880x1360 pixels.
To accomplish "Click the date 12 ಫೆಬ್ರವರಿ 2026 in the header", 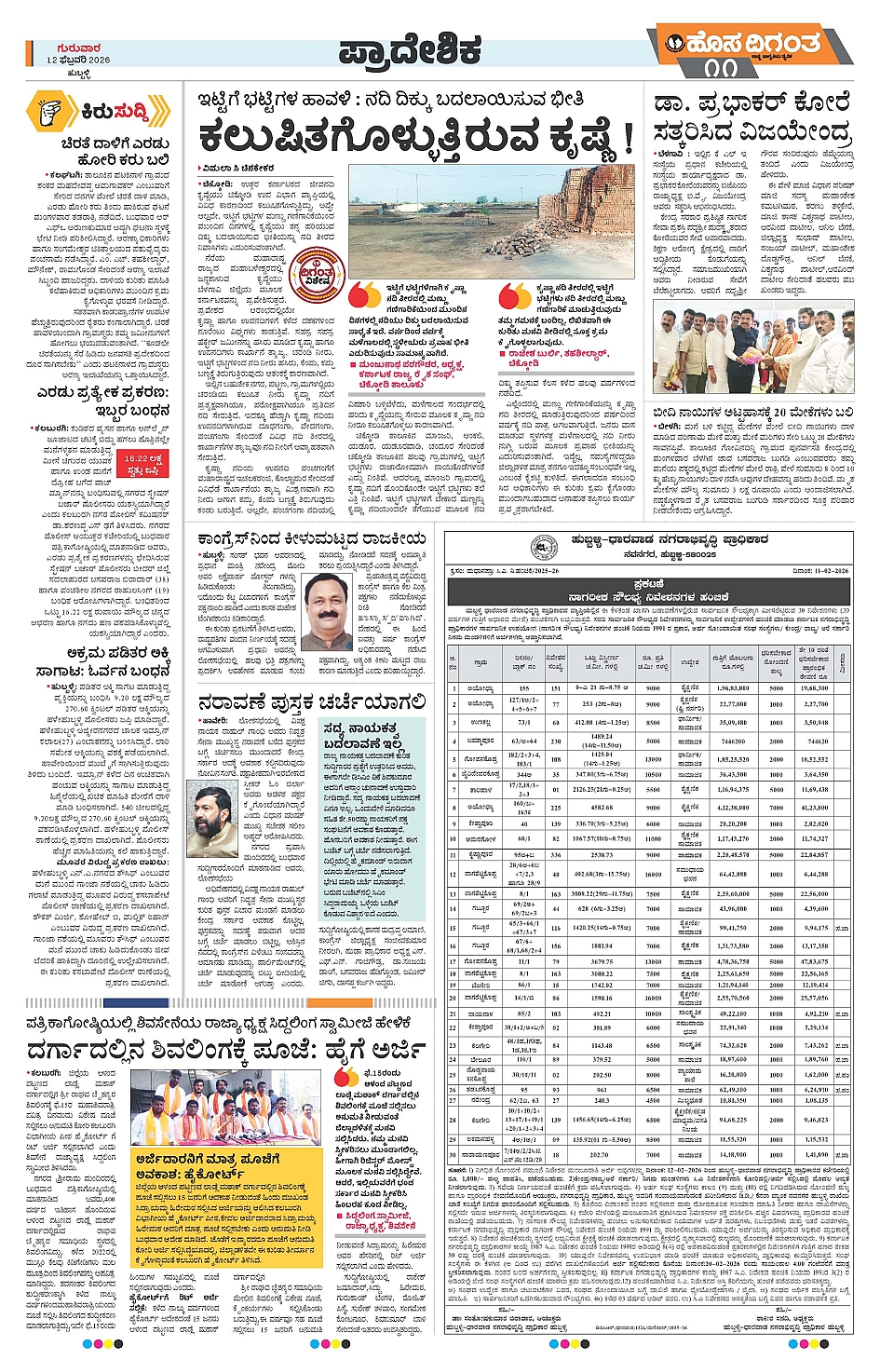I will (x=77, y=60).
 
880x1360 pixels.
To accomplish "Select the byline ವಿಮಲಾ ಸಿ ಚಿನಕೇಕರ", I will (x=239, y=168).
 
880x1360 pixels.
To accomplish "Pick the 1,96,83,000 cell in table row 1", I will (x=733, y=688).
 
